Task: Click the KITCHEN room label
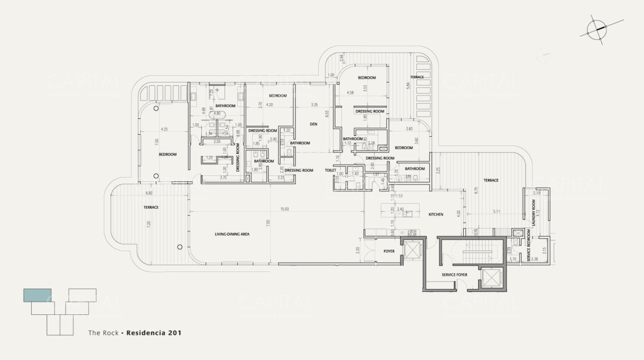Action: tap(435, 215)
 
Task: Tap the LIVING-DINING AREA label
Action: tap(232, 234)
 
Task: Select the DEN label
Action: tap(314, 124)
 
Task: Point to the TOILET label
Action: tap(330, 170)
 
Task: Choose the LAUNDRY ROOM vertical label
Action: tap(533, 212)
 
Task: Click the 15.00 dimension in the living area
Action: tap(284, 209)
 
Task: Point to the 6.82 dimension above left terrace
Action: tap(150, 193)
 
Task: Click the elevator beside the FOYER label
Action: tap(413, 251)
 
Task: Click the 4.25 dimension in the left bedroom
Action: tap(165, 129)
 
